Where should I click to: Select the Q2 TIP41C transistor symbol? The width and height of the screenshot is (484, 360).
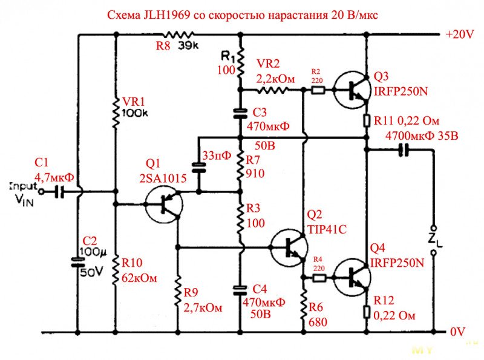[289, 247]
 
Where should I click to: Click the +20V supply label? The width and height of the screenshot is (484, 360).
[460, 35]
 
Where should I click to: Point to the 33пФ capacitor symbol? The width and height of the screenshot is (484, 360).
[197, 166]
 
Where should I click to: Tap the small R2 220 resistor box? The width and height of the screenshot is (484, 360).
[318, 90]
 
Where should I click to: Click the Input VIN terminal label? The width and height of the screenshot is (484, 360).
[24, 193]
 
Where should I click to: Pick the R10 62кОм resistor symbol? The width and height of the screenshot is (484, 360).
[116, 270]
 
